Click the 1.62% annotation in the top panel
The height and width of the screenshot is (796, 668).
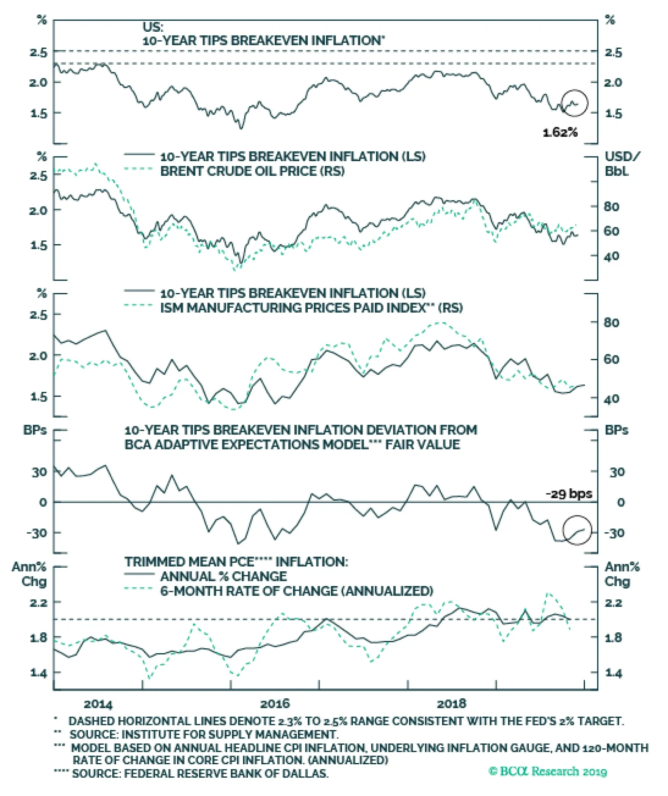coord(560,132)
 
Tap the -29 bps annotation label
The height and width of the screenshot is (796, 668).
coord(569,494)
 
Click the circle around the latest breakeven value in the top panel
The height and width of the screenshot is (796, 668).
coord(574,103)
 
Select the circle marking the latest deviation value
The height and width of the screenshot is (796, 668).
coord(577,530)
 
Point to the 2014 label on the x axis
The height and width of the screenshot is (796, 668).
coord(98,704)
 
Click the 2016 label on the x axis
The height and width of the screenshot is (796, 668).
coord(275,704)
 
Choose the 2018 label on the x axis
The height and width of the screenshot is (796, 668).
coord(451,704)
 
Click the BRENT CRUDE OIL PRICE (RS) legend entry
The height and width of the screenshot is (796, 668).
coord(252,171)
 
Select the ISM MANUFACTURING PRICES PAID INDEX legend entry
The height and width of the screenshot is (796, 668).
coord(311,308)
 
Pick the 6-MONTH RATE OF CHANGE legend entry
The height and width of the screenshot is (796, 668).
coord(296,591)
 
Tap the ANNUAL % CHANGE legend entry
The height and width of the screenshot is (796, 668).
coord(223,576)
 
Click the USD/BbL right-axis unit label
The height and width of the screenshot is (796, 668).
coord(621,164)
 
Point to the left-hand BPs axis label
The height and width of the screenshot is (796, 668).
coord(35,430)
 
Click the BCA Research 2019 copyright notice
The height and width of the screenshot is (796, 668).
coord(547,771)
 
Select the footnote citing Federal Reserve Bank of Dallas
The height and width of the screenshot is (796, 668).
coord(200,773)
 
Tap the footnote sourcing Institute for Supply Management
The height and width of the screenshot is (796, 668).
coord(204,734)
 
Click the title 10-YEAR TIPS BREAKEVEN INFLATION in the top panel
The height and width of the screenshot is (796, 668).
coord(263,40)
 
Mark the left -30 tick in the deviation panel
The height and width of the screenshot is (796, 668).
coord(37,533)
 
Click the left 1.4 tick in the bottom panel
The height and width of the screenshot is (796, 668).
coord(39,672)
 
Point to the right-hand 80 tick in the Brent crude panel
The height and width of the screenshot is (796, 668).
coord(611,207)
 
